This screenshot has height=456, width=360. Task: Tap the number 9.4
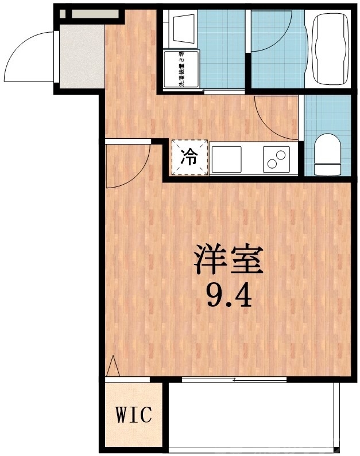coord(228,295)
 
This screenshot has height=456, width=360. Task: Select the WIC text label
coord(135,415)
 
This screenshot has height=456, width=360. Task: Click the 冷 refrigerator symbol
coord(188,156)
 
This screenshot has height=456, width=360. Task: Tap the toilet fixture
coord(328,154)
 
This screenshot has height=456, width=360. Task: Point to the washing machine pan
coord(181,69)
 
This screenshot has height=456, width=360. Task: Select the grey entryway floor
coord(81,57)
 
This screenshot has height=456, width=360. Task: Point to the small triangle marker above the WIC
coord(113,365)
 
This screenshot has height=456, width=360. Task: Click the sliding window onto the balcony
coord(234,379)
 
